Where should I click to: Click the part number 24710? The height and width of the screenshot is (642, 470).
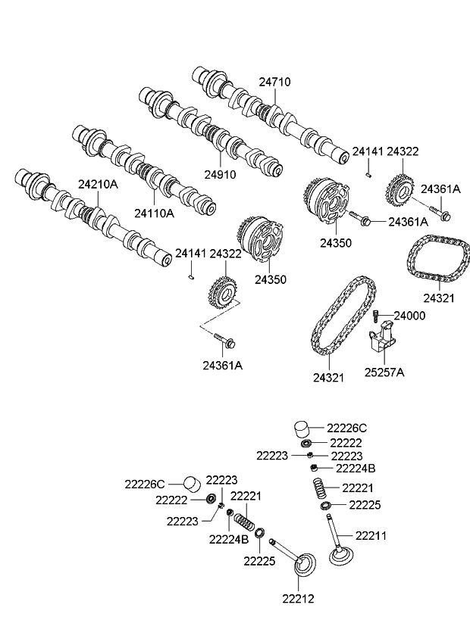[x=274, y=82]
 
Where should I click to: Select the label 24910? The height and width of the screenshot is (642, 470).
[x=219, y=173]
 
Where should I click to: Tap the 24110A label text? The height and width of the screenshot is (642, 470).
[x=154, y=213]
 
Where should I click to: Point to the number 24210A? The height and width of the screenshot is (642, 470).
[x=98, y=183]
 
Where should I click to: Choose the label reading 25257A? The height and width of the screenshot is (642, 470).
[x=384, y=372]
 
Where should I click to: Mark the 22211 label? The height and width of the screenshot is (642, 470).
[x=371, y=535]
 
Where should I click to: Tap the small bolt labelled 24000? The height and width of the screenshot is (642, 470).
[x=376, y=316]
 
